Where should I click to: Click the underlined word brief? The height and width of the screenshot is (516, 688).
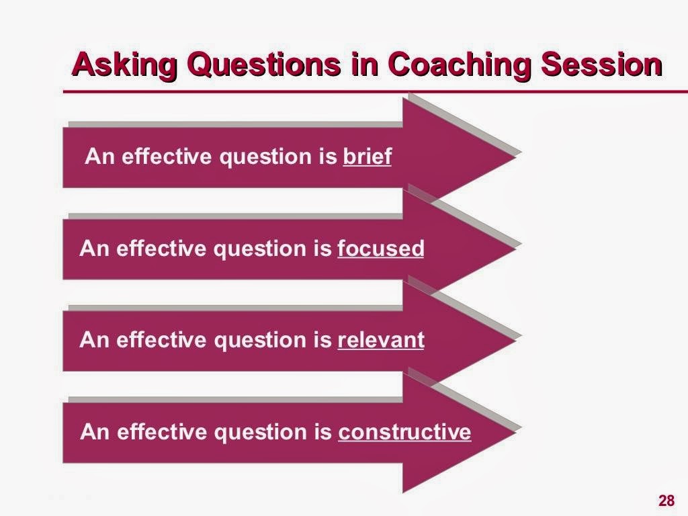(x=367, y=157)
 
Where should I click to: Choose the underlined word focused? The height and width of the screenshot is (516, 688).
(x=380, y=249)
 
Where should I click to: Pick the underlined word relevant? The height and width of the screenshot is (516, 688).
(x=380, y=341)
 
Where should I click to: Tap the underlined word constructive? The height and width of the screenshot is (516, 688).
(x=404, y=432)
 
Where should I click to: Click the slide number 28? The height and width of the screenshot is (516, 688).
(x=666, y=501)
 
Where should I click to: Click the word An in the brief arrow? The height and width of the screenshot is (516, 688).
(x=97, y=157)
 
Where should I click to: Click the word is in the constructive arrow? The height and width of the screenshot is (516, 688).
(x=323, y=432)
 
